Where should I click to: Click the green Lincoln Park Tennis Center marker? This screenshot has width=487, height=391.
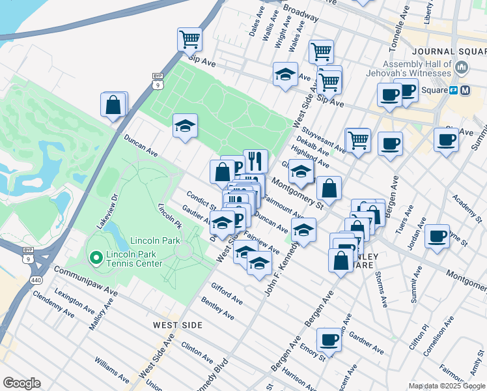coord(96,259)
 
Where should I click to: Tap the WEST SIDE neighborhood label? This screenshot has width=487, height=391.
coord(177,325)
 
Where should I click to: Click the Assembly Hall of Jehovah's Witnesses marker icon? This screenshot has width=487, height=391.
coord(462,67)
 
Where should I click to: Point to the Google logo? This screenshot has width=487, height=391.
coord(21,383)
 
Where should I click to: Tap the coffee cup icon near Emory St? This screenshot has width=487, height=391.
coord(329,340)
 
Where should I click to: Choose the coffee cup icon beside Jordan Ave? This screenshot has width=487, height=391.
coord(438,235)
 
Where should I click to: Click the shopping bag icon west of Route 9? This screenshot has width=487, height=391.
coord(113,104)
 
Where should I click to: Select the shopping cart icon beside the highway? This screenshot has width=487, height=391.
coord(189,38)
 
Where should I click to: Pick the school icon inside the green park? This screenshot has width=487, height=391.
coord(185,125)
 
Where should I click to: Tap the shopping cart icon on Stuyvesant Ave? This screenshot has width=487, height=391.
coord(357,139)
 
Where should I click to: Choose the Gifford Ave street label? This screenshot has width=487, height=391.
coord(227,294)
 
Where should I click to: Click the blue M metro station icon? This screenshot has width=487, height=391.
coord(466,90)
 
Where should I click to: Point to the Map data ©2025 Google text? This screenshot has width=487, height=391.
coord(446,386)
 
